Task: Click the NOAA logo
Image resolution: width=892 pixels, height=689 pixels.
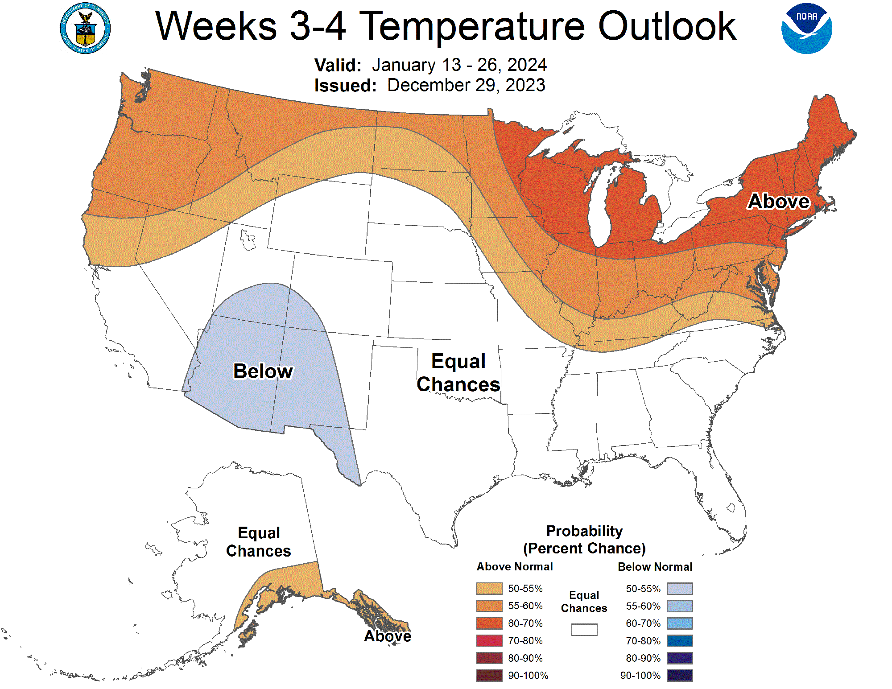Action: coord(806,29)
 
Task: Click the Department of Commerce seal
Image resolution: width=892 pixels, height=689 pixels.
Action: coord(85,29)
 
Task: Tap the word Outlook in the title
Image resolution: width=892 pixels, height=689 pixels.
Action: coord(667,26)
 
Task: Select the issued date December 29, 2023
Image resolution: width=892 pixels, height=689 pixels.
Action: coord(466,85)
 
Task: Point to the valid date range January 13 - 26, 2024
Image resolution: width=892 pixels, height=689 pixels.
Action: coord(459,65)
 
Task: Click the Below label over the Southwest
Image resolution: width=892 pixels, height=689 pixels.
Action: coord(263,371)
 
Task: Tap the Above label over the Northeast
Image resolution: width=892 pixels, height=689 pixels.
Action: coord(778,201)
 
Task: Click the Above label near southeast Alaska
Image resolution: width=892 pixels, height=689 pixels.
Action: coord(387,636)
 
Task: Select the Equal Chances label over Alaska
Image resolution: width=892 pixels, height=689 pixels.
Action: coord(259,542)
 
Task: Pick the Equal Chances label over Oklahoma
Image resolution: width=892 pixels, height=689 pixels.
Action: coord(458,373)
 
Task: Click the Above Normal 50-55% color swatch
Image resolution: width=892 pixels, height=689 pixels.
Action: coord(489,589)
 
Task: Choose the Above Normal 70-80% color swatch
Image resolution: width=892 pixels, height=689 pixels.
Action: coord(489,641)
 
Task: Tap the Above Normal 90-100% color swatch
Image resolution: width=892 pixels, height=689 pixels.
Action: coord(489,676)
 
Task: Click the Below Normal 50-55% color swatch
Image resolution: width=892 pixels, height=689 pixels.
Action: coord(680,589)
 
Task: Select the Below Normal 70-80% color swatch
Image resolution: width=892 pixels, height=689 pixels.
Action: coord(680,641)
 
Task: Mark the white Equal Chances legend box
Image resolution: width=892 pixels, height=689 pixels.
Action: coord(584,630)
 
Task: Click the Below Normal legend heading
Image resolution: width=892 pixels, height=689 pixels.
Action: coord(655,567)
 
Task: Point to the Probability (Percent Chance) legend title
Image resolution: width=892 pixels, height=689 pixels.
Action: coord(584,540)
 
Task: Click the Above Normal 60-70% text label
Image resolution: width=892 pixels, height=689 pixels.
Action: coord(525,623)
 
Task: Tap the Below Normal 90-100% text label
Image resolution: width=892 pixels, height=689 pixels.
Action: coord(640,676)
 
